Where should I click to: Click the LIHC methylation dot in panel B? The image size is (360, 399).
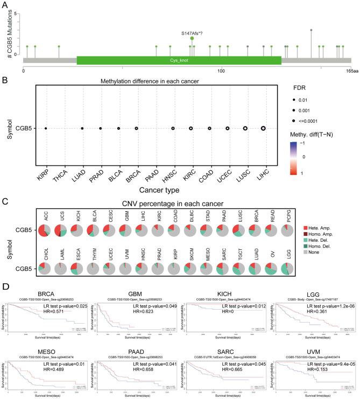(263, 128)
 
